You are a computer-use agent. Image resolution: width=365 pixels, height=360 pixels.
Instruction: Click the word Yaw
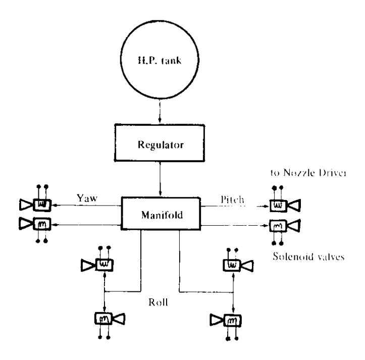tap(87, 198)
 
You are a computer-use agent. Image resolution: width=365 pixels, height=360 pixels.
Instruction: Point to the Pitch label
tap(232, 199)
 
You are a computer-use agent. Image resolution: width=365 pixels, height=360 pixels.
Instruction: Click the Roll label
tap(159, 302)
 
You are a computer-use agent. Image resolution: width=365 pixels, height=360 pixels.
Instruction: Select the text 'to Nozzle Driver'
tap(308, 173)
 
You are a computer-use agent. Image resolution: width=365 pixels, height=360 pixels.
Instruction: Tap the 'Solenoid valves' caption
tap(308, 256)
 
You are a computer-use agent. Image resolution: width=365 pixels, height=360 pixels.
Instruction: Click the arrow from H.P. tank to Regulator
tap(160, 111)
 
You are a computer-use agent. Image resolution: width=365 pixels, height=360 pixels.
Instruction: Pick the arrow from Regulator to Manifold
tap(160, 179)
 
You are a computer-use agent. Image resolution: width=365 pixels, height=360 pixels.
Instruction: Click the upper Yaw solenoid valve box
tap(42, 205)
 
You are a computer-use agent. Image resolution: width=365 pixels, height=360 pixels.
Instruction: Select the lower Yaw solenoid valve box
tap(42, 224)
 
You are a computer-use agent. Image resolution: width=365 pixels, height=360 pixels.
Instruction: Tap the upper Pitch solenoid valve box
tap(278, 205)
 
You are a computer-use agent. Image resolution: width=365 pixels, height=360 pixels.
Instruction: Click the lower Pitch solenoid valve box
tap(278, 226)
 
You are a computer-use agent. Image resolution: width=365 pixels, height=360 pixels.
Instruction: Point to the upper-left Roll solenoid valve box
tap(105, 265)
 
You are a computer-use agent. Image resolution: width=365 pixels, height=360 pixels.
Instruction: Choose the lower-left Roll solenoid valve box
tap(103, 318)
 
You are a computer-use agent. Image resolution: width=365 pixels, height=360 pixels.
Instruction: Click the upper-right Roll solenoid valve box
tap(232, 265)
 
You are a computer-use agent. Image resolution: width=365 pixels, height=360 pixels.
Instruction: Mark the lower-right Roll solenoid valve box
tap(233, 321)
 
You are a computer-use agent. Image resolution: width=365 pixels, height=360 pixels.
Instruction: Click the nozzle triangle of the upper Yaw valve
tap(26, 204)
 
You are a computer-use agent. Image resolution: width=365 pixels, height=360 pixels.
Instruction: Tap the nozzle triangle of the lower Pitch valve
tap(294, 226)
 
